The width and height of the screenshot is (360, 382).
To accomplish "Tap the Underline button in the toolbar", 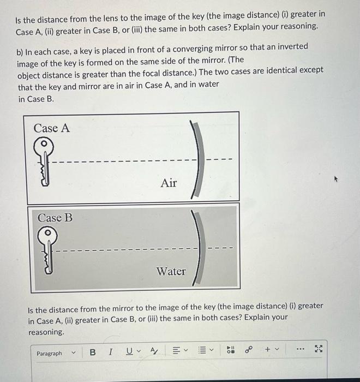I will [x=129, y=353].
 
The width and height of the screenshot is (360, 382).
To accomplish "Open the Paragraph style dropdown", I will [x=54, y=353].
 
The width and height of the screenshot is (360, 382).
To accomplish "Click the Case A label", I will [x=52, y=128].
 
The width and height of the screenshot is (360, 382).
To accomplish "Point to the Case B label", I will [x=55, y=217].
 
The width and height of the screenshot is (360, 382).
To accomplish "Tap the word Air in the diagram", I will [x=169, y=183].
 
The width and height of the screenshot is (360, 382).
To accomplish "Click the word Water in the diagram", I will [x=171, y=271].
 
